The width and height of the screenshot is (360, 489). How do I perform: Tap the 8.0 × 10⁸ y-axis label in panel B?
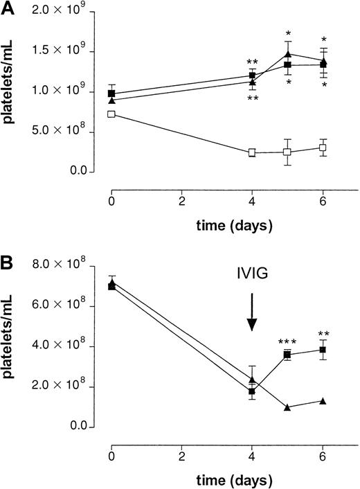(66, 264)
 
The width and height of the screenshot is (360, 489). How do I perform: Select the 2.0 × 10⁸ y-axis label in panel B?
(66, 386)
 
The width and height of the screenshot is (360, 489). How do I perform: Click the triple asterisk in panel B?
(287, 342)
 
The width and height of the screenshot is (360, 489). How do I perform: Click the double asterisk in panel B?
(323, 333)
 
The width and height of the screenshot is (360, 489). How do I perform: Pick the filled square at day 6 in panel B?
(323, 350)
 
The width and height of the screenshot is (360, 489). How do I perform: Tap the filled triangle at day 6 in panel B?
(323, 401)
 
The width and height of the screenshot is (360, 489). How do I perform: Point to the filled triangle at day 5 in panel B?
(287, 407)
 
